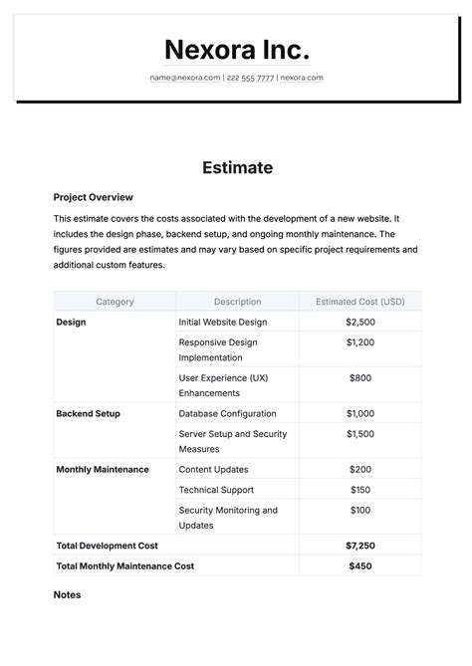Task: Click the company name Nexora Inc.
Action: pos(236,50)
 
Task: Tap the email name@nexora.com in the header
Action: pos(185,78)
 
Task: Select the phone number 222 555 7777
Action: pos(250,78)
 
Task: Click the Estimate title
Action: pos(236,167)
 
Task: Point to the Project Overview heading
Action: pos(93,197)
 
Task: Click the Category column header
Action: pos(115,302)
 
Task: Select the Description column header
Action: pos(237,302)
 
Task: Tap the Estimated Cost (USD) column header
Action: pos(359,302)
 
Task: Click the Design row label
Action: pos(71,323)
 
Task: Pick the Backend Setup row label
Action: pos(88,413)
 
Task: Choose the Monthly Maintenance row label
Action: pos(103,469)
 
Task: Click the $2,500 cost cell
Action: pos(359,323)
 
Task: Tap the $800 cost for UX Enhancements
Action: pos(359,378)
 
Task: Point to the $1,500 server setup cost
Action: pos(359,434)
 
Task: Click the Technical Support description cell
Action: pos(216,490)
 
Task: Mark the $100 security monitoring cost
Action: pos(359,511)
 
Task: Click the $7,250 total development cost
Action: pos(359,546)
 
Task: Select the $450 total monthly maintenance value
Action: pos(359,565)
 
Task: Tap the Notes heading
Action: pos(67,594)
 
